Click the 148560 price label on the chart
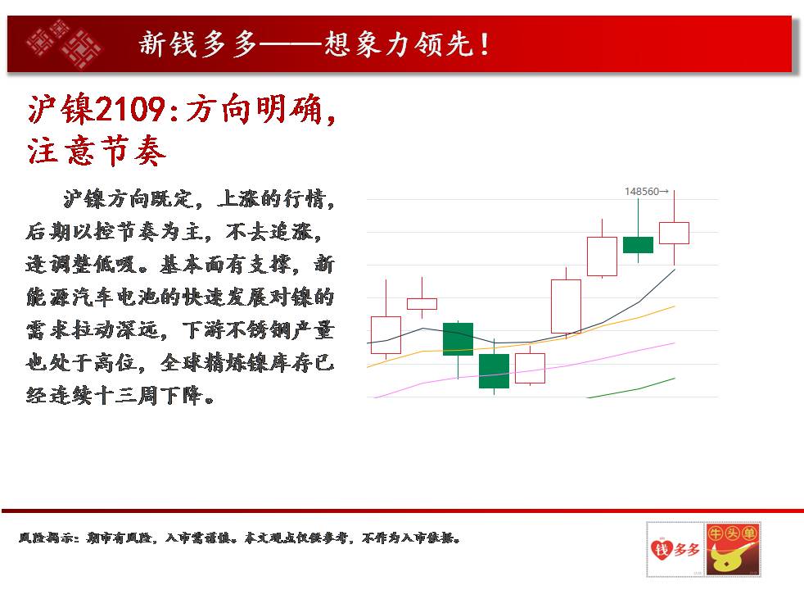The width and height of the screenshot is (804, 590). pyautogui.click(x=642, y=192)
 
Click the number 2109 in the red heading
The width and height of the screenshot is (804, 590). pyautogui.click(x=130, y=109)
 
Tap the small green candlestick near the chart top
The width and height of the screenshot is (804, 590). pyautogui.click(x=638, y=245)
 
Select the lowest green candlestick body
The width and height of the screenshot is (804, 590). pyautogui.click(x=494, y=371)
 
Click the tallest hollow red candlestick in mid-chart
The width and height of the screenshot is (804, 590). pyautogui.click(x=566, y=306)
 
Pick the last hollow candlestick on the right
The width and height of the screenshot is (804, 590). pyautogui.click(x=674, y=233)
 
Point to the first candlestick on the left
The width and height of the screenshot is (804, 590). pyautogui.click(x=386, y=335)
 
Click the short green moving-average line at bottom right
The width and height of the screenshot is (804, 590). pyautogui.click(x=631, y=388)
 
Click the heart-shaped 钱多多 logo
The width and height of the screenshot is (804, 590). pyautogui.click(x=675, y=549)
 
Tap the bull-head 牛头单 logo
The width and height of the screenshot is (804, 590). pyautogui.click(x=732, y=549)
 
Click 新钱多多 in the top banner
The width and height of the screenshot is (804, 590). pyautogui.click(x=198, y=43)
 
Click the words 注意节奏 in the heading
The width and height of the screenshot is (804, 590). pyautogui.click(x=97, y=151)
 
